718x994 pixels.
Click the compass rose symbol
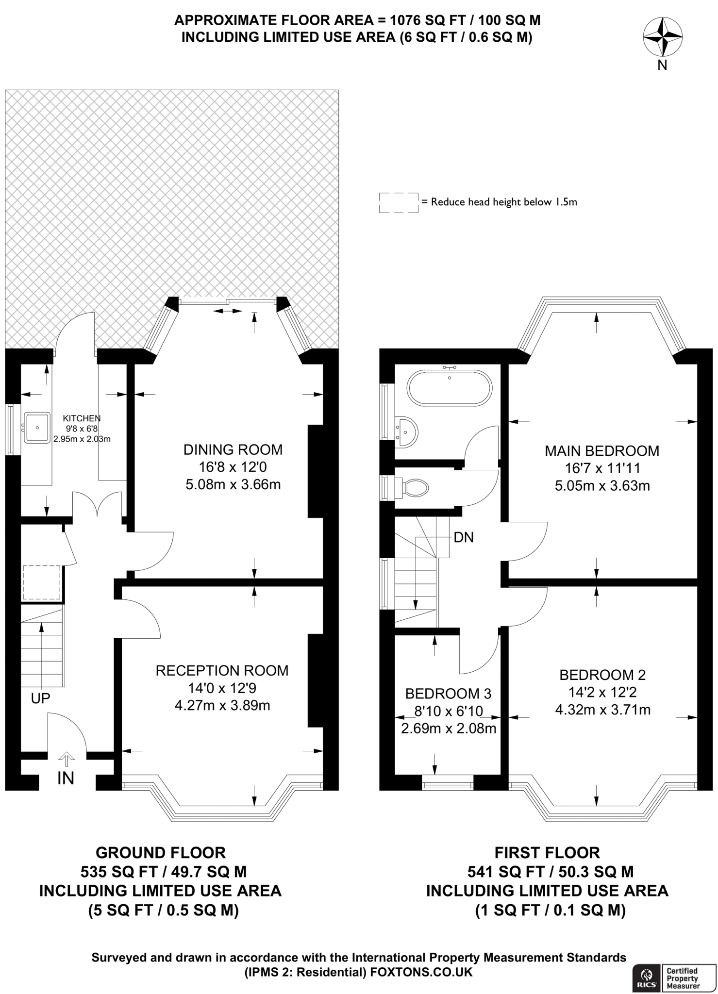point(663,37)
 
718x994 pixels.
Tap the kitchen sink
point(37,428)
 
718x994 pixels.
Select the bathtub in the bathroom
point(450,388)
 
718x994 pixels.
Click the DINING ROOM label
point(233,450)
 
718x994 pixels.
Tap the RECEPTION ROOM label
point(222,671)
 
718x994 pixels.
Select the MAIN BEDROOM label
point(602,451)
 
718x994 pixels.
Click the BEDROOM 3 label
point(449,694)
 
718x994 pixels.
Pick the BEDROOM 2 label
point(602,675)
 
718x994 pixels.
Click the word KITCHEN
point(82,418)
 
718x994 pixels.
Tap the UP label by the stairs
point(40,698)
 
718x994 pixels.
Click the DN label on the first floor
point(464,537)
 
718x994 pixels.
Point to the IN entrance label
point(66,779)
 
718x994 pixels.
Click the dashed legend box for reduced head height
point(399,202)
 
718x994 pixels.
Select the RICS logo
point(647,978)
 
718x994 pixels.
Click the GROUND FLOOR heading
point(161,853)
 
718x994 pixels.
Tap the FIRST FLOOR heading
point(547,853)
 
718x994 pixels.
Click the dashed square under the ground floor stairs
point(41,582)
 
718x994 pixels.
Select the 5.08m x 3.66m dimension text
point(233,484)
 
